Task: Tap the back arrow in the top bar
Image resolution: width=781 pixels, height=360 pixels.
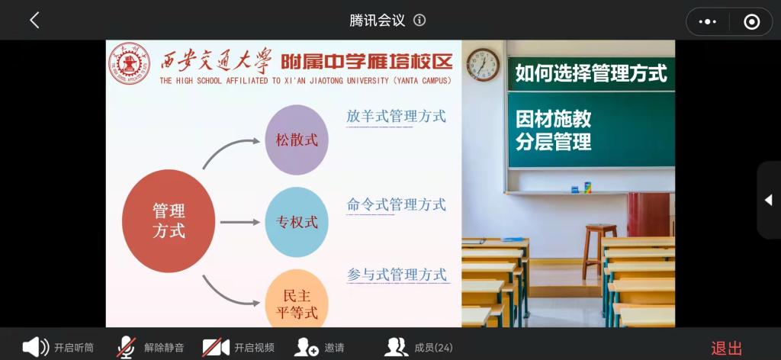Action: tap(34, 21)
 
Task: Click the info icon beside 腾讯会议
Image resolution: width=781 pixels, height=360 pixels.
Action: tap(420, 21)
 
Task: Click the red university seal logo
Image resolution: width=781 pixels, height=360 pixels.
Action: tap(129, 63)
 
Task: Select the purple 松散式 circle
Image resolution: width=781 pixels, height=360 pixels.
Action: tap(297, 140)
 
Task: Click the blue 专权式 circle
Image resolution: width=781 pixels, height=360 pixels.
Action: tap(297, 222)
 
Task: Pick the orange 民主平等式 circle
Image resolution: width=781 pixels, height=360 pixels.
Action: tap(297, 299)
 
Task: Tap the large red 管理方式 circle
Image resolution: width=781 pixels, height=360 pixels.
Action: tap(169, 221)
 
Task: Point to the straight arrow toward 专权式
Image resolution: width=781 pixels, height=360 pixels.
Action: tap(240, 222)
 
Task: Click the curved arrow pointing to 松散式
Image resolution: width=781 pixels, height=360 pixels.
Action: tap(227, 149)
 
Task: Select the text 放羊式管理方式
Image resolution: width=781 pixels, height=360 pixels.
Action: tap(396, 117)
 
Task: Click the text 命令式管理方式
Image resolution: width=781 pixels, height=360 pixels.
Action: tap(396, 204)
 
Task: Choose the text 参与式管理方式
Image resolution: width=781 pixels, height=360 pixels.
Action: tap(397, 274)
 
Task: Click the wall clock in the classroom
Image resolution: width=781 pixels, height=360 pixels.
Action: tap(483, 65)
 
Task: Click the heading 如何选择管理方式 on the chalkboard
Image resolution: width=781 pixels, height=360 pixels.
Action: tap(591, 73)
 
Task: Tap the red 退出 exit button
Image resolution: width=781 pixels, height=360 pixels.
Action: tap(727, 349)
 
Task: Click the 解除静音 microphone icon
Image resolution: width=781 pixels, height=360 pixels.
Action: tap(127, 347)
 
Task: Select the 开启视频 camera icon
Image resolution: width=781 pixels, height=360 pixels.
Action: tap(216, 347)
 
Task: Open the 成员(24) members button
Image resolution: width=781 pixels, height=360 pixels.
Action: tap(419, 347)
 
